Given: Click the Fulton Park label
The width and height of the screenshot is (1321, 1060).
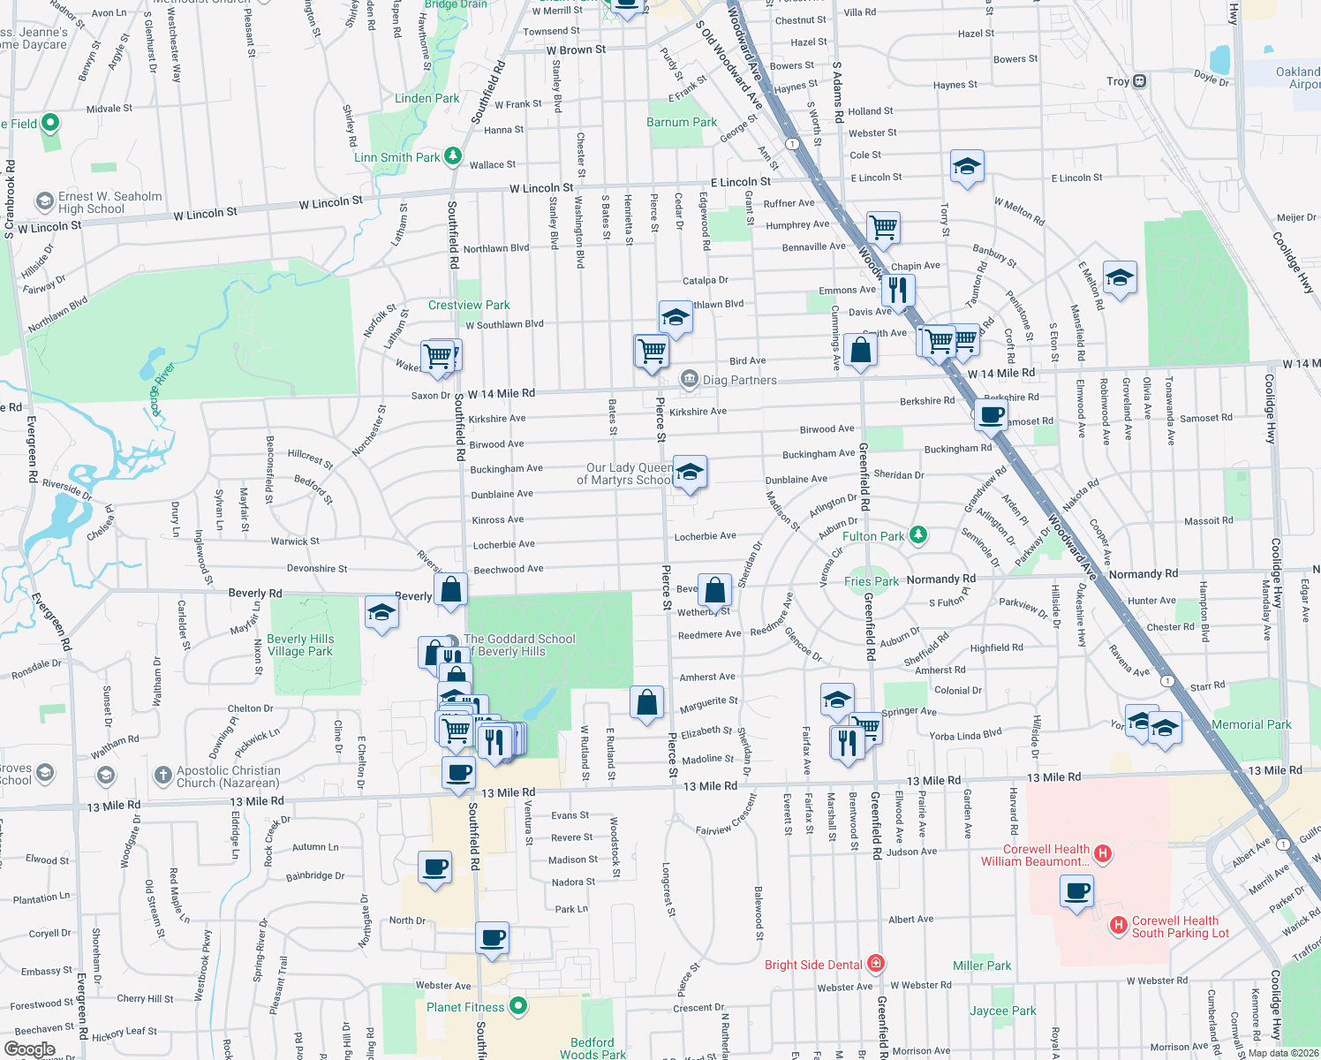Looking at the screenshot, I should [872, 536].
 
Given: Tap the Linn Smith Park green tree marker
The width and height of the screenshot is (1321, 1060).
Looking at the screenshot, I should [453, 156].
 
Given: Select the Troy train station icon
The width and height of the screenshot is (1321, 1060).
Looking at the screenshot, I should [1140, 81].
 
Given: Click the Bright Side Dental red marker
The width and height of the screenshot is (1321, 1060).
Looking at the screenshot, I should [875, 963].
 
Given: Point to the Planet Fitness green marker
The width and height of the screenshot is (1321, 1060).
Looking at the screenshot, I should [518, 1006].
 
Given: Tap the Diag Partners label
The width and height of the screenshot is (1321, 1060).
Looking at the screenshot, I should [739, 380].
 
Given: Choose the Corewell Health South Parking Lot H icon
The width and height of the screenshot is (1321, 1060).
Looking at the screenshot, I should [1118, 925].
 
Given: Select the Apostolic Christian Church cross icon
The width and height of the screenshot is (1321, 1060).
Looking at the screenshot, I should [162, 776].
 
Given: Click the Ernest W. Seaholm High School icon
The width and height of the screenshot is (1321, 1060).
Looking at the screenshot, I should [44, 202].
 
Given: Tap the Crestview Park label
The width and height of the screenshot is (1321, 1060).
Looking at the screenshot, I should [469, 305].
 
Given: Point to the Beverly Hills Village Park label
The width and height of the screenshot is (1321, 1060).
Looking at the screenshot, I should [300, 645].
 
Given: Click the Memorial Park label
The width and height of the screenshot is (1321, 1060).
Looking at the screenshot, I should [1251, 724].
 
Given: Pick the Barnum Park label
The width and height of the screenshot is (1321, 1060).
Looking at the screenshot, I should [682, 122].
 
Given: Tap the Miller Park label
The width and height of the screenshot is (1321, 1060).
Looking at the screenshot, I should [982, 965].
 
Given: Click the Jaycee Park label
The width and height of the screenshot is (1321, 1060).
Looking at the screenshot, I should [1003, 1011].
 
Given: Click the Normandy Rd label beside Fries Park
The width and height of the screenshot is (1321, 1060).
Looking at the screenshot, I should [940, 579].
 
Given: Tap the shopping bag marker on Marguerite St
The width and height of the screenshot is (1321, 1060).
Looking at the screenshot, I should [646, 703].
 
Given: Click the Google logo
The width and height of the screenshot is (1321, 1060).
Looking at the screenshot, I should [29, 1049].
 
